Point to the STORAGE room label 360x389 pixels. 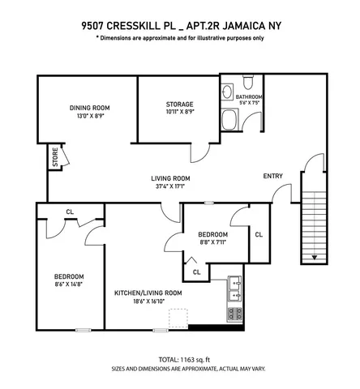(x=178, y=105)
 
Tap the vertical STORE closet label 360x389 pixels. (x=55, y=156)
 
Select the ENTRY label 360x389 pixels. (x=273, y=177)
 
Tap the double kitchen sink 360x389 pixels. (x=235, y=288)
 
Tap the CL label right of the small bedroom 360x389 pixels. (x=258, y=234)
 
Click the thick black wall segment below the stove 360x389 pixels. (x=216, y=327)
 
